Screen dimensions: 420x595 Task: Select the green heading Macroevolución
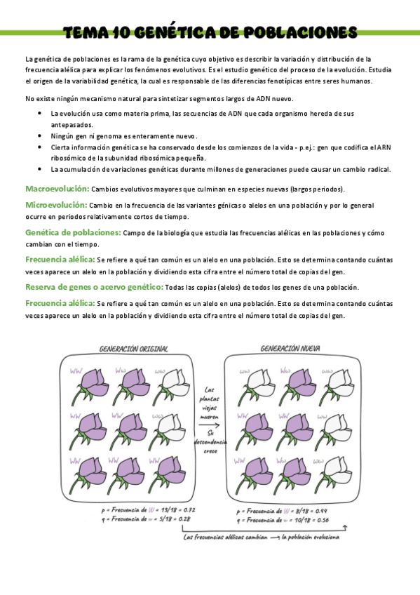57,189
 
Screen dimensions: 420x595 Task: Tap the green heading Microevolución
56,204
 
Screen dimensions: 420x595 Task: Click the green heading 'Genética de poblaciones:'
73,232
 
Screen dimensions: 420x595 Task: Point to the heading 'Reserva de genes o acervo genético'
94,287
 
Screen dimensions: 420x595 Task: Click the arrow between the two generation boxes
208,424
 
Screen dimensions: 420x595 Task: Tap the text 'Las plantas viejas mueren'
209,404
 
